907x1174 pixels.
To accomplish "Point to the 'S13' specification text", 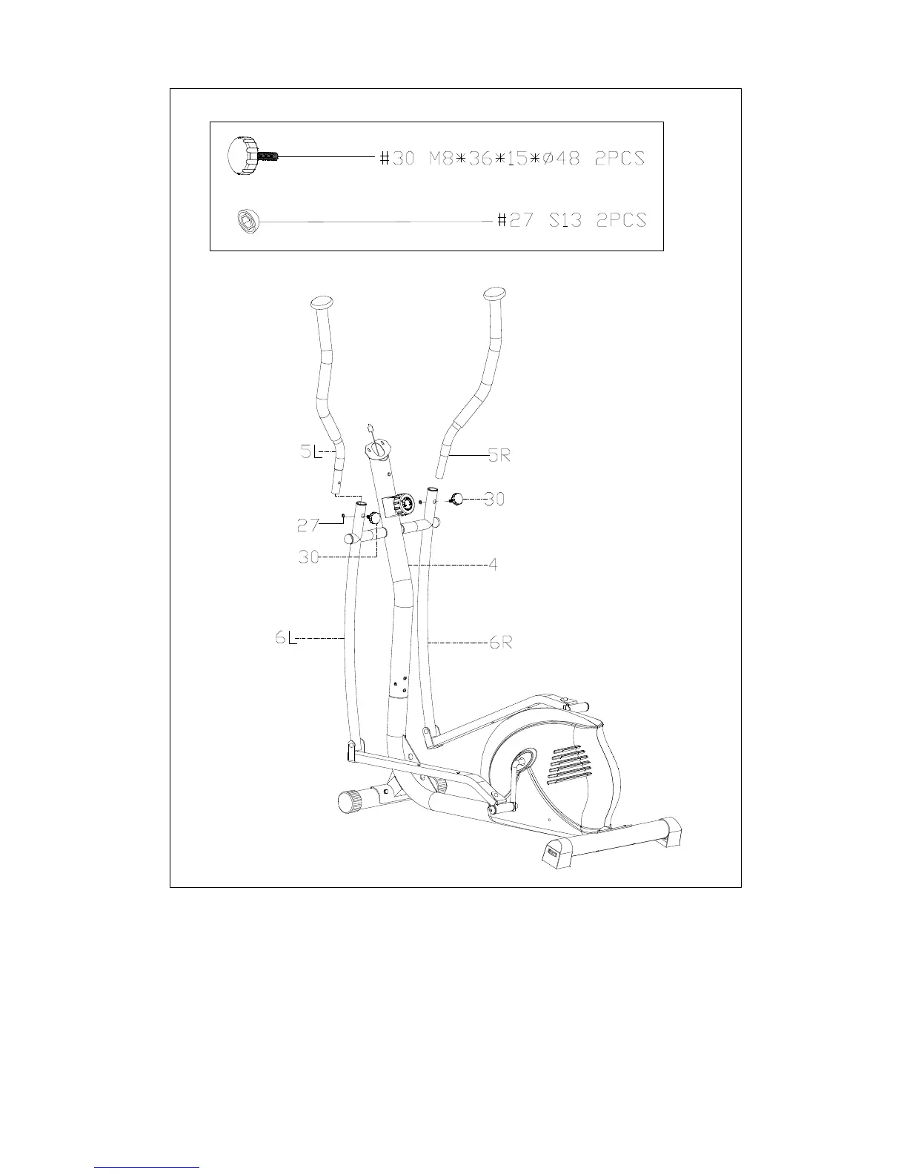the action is click(x=565, y=221).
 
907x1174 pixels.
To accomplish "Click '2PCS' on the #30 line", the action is click(x=621, y=158).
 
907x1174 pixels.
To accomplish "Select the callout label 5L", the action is click(x=310, y=452).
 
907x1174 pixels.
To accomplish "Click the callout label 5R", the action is click(x=499, y=457).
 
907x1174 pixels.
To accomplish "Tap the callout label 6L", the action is click(x=286, y=637).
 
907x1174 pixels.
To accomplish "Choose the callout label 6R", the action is click(x=501, y=643).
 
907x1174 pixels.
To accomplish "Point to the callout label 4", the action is click(x=492, y=565).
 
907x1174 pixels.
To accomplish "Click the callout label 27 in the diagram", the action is click(x=308, y=525).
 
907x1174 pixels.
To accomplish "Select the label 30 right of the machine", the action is click(x=494, y=500).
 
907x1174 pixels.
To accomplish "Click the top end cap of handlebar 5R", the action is click(x=495, y=293).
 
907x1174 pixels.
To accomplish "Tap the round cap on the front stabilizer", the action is click(x=348, y=802).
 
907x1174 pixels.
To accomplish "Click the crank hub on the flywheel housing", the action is click(x=523, y=759).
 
